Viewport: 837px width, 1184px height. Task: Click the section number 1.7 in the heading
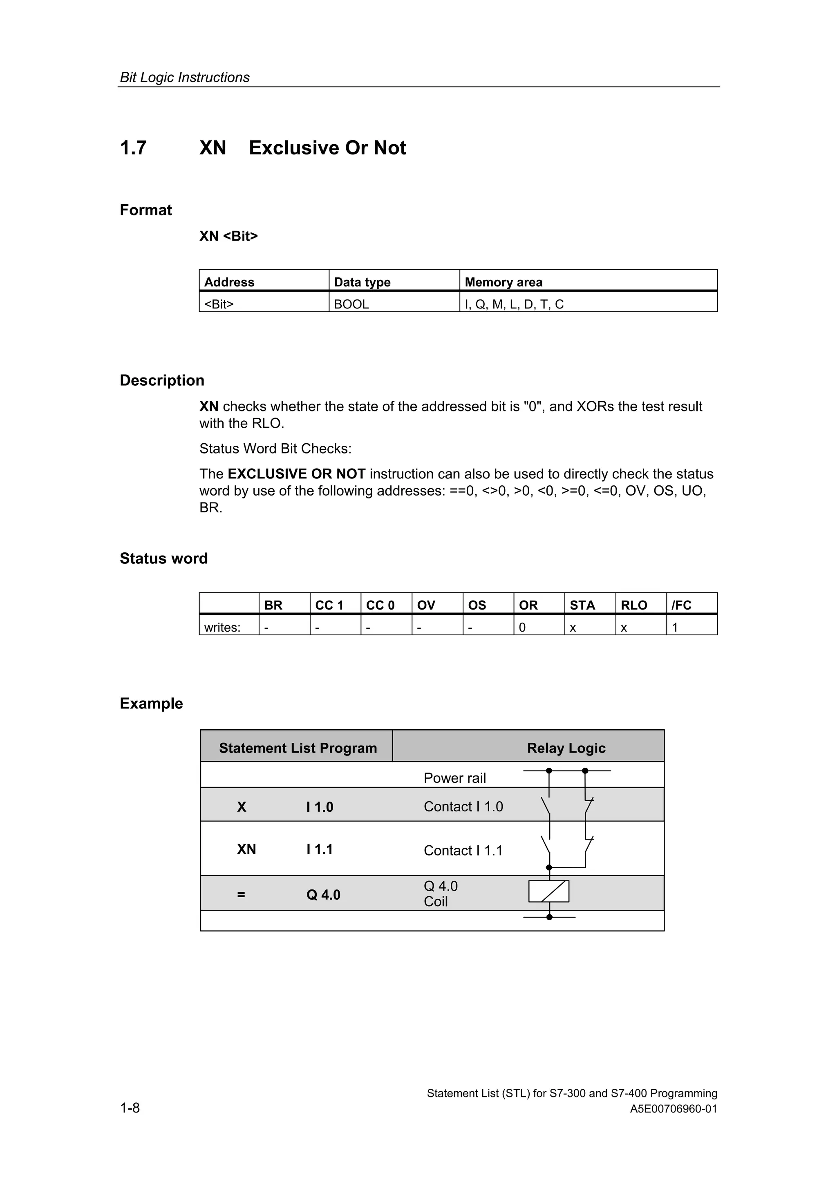133,148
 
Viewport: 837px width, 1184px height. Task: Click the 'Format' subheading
145,210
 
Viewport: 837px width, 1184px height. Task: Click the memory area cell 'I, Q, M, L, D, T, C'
514,304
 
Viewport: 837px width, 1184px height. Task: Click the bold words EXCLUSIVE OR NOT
297,474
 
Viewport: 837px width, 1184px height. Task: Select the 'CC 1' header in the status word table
329,605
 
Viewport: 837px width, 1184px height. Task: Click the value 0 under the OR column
522,628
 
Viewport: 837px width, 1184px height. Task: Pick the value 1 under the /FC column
675,628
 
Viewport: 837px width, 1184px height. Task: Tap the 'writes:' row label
222,628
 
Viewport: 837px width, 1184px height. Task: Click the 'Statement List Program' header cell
298,748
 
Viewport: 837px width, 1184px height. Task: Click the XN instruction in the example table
246,849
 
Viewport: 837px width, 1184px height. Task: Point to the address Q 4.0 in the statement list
323,895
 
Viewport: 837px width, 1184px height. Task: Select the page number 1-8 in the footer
130,1107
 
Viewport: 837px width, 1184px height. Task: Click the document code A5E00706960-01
673,1109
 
